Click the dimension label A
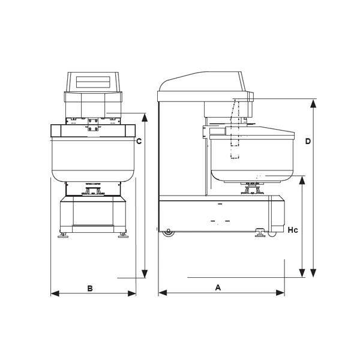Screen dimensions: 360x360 (x=218, y=287)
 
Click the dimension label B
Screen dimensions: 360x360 (x=90, y=289)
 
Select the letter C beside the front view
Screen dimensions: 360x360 (x=139, y=142)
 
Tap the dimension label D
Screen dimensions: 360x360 (x=308, y=142)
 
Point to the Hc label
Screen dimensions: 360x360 (x=293, y=230)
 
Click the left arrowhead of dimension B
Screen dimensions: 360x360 (x=55, y=293)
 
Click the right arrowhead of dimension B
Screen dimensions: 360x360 (x=132, y=293)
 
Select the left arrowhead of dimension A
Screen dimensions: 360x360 (x=163, y=293)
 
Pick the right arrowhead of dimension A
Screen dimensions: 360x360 (x=280, y=293)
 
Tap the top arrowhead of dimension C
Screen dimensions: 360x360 (x=145, y=118)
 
